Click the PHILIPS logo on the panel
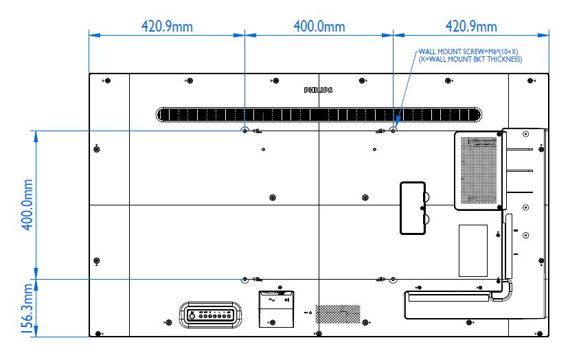319,90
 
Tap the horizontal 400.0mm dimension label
319,27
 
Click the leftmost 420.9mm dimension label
167,27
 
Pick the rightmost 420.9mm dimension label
471,27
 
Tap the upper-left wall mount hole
245,130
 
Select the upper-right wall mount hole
393,130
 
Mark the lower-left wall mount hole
245,280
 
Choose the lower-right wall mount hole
393,280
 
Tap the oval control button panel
209,315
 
